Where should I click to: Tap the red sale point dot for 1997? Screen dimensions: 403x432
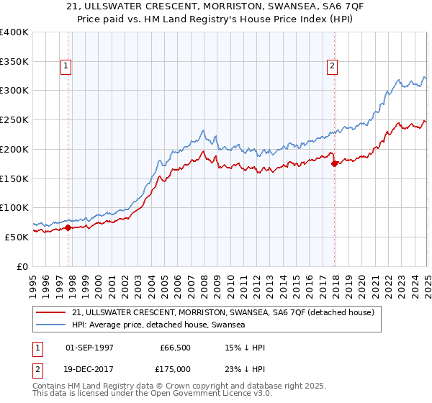pos(68,227)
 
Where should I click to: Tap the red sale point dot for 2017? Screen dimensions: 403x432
pos(335,163)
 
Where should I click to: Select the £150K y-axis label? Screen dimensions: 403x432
pos(14,178)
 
